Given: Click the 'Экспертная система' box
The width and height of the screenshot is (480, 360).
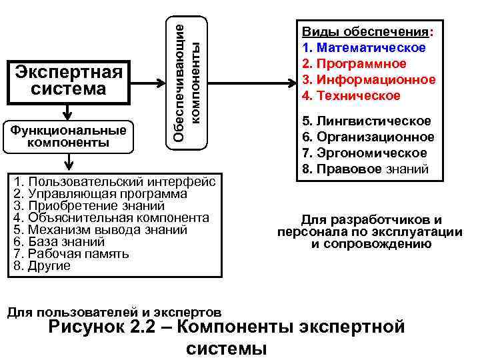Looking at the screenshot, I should pyautogui.click(x=70, y=80).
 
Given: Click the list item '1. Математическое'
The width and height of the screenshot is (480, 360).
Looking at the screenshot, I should pyautogui.click(x=364, y=48).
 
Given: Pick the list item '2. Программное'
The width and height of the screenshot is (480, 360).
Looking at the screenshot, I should pyautogui.click(x=354, y=64).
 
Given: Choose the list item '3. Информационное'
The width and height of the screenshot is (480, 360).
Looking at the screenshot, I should pyautogui.click(x=369, y=80).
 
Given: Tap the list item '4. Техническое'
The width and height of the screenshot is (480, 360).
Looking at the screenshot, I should pyautogui.click(x=351, y=96).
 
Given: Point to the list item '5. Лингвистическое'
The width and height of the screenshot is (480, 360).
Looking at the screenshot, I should pyautogui.click(x=367, y=121).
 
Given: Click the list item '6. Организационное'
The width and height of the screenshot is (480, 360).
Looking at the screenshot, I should pyautogui.click(x=368, y=137).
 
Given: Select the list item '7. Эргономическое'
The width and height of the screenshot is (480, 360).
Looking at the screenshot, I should pyautogui.click(x=365, y=153).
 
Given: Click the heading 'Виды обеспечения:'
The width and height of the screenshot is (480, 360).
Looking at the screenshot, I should pyautogui.click(x=367, y=32).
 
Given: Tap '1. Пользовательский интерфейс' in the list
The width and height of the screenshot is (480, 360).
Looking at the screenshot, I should pyautogui.click(x=114, y=182).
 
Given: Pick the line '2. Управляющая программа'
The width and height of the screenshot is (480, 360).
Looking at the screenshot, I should pyautogui.click(x=100, y=194).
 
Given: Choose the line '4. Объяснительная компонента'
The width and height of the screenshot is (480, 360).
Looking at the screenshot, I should pyautogui.click(x=111, y=218).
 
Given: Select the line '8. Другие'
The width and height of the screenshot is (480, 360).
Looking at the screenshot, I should pyautogui.click(x=41, y=266).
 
